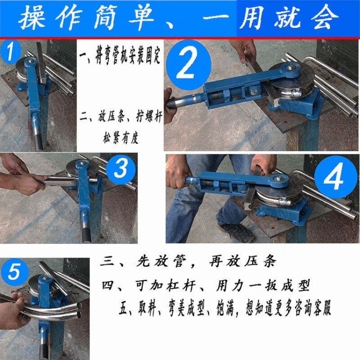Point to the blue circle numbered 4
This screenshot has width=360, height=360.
coord(334,180)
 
